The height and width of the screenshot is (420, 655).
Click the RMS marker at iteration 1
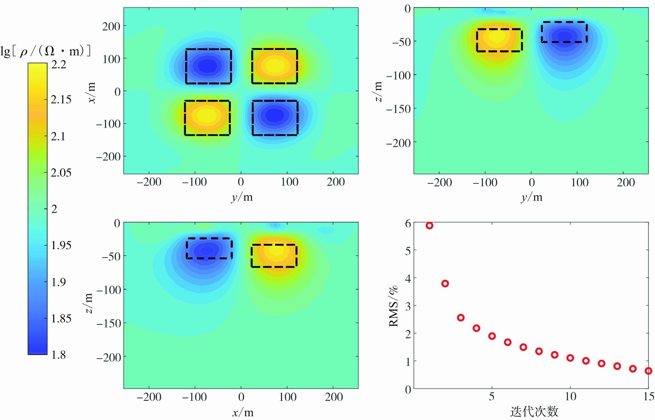(x=429, y=225)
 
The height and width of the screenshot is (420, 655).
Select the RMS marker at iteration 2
(x=445, y=283)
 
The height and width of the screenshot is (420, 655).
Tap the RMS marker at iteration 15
(x=648, y=371)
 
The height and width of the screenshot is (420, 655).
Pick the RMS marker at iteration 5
(x=492, y=336)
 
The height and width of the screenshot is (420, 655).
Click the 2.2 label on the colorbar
(x=59, y=65)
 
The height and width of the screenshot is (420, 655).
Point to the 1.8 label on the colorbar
(x=59, y=355)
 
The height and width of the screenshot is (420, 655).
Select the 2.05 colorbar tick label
(x=61, y=172)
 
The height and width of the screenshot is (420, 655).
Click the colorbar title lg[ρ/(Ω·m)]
(x=46, y=51)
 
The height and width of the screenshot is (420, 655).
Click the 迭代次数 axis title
(x=534, y=411)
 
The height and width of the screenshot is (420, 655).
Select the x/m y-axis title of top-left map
(x=91, y=93)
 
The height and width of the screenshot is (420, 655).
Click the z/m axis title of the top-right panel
(x=378, y=92)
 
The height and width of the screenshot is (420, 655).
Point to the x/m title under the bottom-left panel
(x=243, y=412)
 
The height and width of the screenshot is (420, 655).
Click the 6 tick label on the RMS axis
(x=408, y=223)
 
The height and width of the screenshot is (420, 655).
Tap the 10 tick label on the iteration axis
(x=570, y=396)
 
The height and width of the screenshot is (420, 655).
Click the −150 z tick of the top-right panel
(x=398, y=109)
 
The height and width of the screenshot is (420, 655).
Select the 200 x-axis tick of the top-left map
(x=335, y=182)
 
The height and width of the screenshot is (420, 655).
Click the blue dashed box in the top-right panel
(x=564, y=32)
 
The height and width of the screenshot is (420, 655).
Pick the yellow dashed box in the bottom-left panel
(x=274, y=255)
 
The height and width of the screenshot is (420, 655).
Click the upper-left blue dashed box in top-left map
(x=208, y=66)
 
